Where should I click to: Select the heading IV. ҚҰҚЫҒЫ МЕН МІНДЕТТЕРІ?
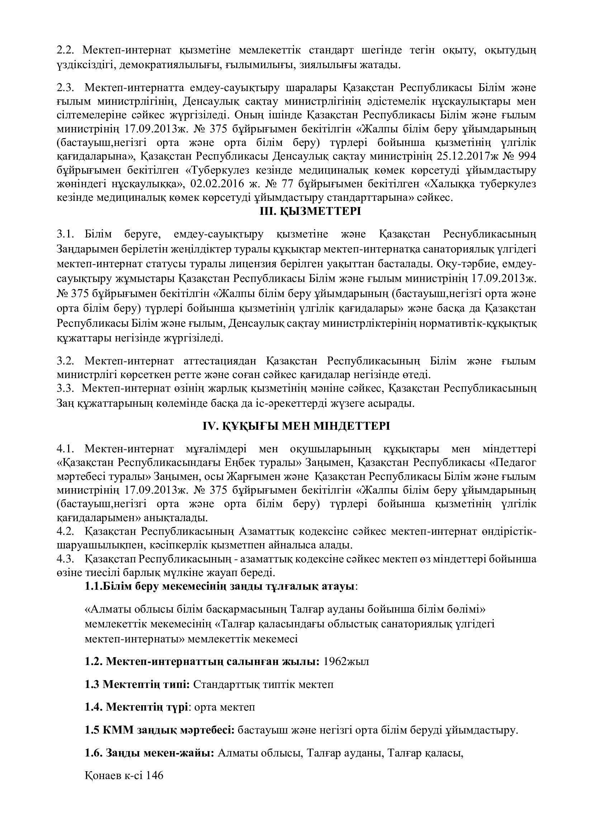pyautogui.click(x=296, y=426)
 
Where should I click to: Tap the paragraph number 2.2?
pyautogui.click(x=66, y=50)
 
